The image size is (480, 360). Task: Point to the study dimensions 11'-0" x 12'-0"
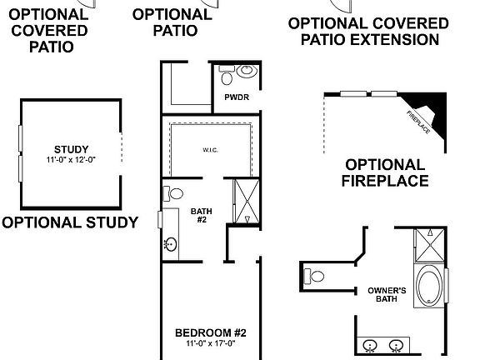pos(69,159)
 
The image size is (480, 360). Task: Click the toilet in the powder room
pos(242,74)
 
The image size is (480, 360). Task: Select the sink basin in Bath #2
pos(170,244)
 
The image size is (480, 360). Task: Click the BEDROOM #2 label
pos(210,332)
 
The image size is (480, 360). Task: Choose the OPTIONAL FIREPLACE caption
pos(385,172)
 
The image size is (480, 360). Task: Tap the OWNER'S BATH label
pos(386,295)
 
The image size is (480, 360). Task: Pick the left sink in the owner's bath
pos(372,344)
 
